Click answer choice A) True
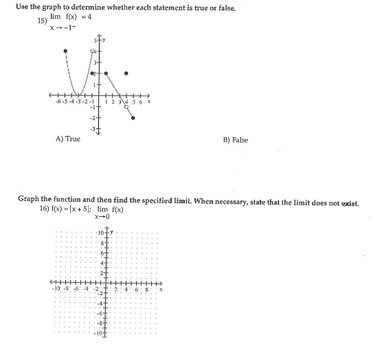pyautogui.click(x=67, y=139)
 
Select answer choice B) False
pyautogui.click(x=236, y=140)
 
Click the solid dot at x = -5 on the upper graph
pyautogui.click(x=65, y=51)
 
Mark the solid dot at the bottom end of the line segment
pyautogui.click(x=133, y=118)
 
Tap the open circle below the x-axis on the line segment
pyautogui.click(x=126, y=106)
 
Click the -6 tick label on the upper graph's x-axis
pyautogui.click(x=60, y=100)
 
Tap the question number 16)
pyautogui.click(x=46, y=209)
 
